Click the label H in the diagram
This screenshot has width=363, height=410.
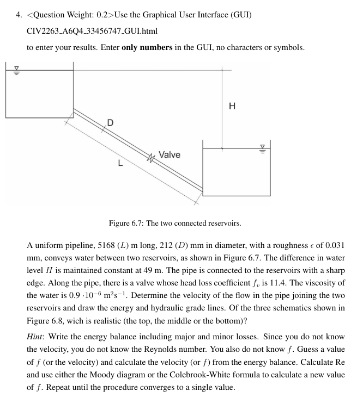233,107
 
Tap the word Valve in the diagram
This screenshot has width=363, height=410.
170,155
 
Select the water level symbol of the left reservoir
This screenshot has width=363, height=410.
16,70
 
